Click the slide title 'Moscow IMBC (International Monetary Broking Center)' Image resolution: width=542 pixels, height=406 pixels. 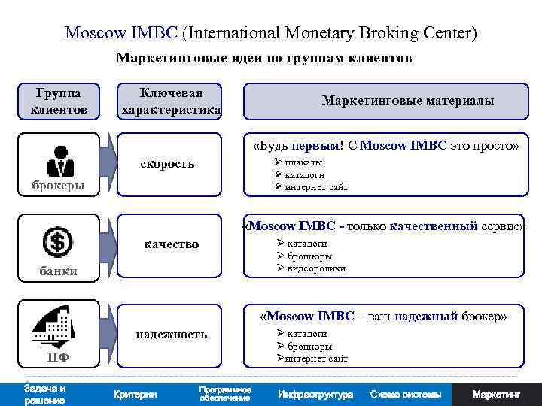point(271,34)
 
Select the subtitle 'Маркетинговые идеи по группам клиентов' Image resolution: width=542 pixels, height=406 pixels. point(263,59)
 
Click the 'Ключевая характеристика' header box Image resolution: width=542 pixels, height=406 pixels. point(171,101)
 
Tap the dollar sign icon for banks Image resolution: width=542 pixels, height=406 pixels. point(58,242)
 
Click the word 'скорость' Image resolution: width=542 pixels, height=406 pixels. point(167,163)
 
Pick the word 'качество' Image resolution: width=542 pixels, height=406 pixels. point(172,244)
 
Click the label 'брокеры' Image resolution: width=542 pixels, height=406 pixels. point(58,186)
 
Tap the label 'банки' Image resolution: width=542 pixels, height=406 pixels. point(58,271)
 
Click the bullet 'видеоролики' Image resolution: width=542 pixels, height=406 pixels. point(315,268)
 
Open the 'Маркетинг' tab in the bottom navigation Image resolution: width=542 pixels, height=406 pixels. point(496,394)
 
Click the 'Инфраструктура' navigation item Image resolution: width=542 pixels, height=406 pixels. point(315,394)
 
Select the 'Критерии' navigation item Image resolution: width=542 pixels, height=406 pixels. point(135,394)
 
